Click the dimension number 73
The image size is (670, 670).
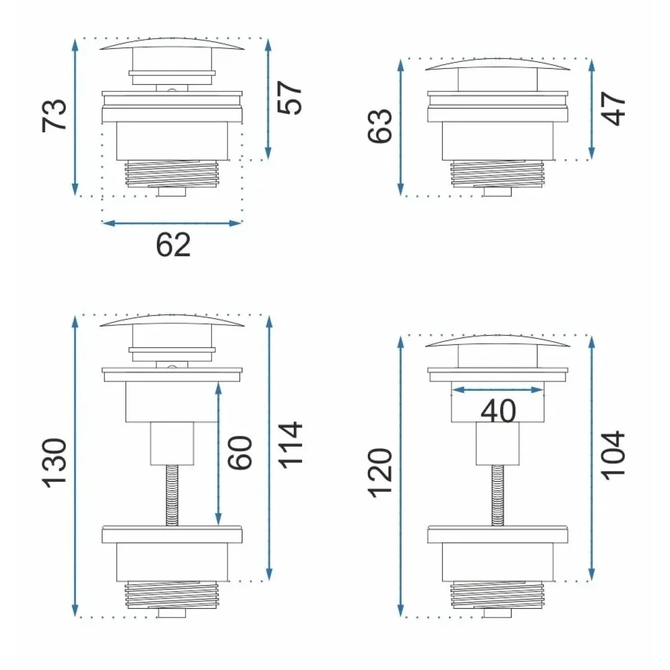(54, 116)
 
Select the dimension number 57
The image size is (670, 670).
(289, 98)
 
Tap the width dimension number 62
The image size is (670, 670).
(173, 245)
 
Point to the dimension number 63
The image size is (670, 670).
(380, 126)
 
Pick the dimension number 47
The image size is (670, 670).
(613, 108)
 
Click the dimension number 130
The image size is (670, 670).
(54, 463)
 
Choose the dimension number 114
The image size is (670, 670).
(289, 446)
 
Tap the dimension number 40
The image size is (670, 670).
(498, 411)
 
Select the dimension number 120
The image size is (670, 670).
(380, 473)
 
